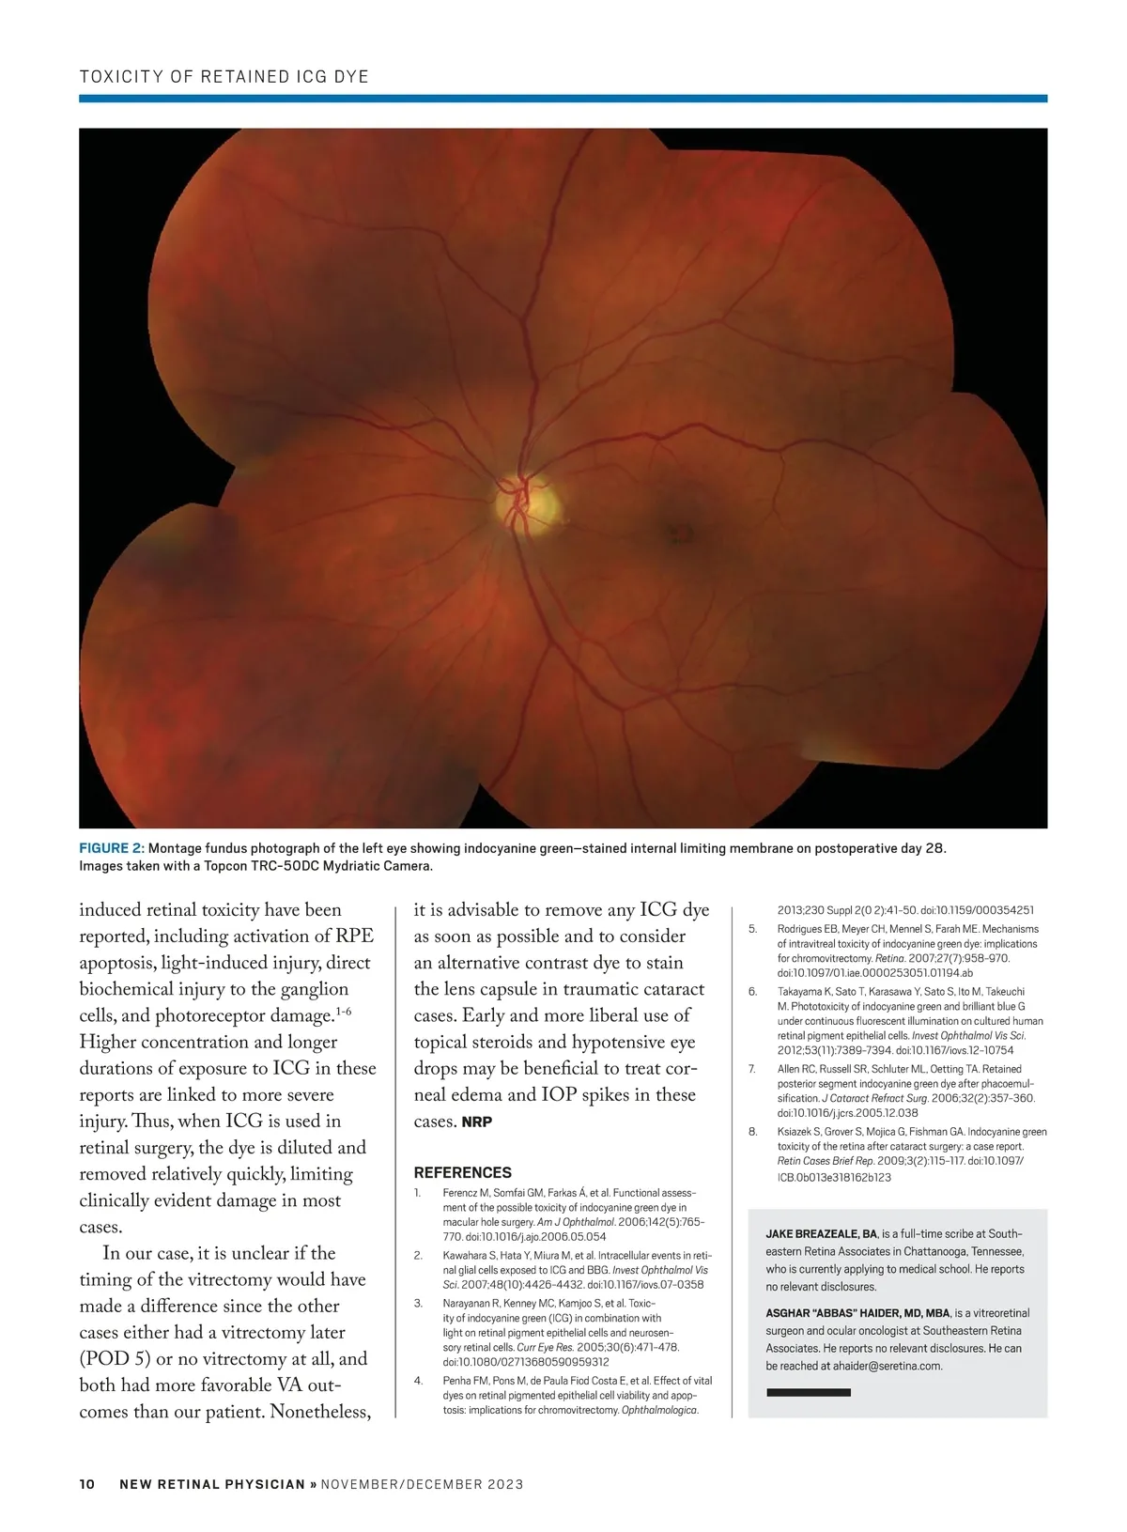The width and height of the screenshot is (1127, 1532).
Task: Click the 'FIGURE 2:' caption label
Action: click(x=112, y=849)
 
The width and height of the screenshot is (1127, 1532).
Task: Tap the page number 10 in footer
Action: click(x=87, y=1484)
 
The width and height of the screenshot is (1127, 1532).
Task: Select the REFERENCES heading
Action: click(x=463, y=1172)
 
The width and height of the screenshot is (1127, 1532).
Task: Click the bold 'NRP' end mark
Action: click(x=477, y=1122)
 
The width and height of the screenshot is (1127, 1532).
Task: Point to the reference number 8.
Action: click(x=753, y=1132)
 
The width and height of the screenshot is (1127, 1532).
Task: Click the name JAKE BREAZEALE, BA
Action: click(x=822, y=1234)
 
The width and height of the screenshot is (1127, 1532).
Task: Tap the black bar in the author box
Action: click(x=809, y=1392)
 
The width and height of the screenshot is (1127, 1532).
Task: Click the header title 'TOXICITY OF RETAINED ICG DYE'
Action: click(x=224, y=76)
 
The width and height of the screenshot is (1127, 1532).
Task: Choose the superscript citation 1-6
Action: click(x=344, y=1012)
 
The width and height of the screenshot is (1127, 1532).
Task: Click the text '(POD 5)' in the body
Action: click(x=114, y=1358)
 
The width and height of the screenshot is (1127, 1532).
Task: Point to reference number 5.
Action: click(x=753, y=929)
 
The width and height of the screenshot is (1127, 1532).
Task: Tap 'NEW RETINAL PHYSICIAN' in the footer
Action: click(x=212, y=1484)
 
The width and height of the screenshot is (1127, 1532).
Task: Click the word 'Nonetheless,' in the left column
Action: click(x=319, y=1412)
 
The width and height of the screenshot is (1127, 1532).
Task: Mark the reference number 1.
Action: click(x=418, y=1193)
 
